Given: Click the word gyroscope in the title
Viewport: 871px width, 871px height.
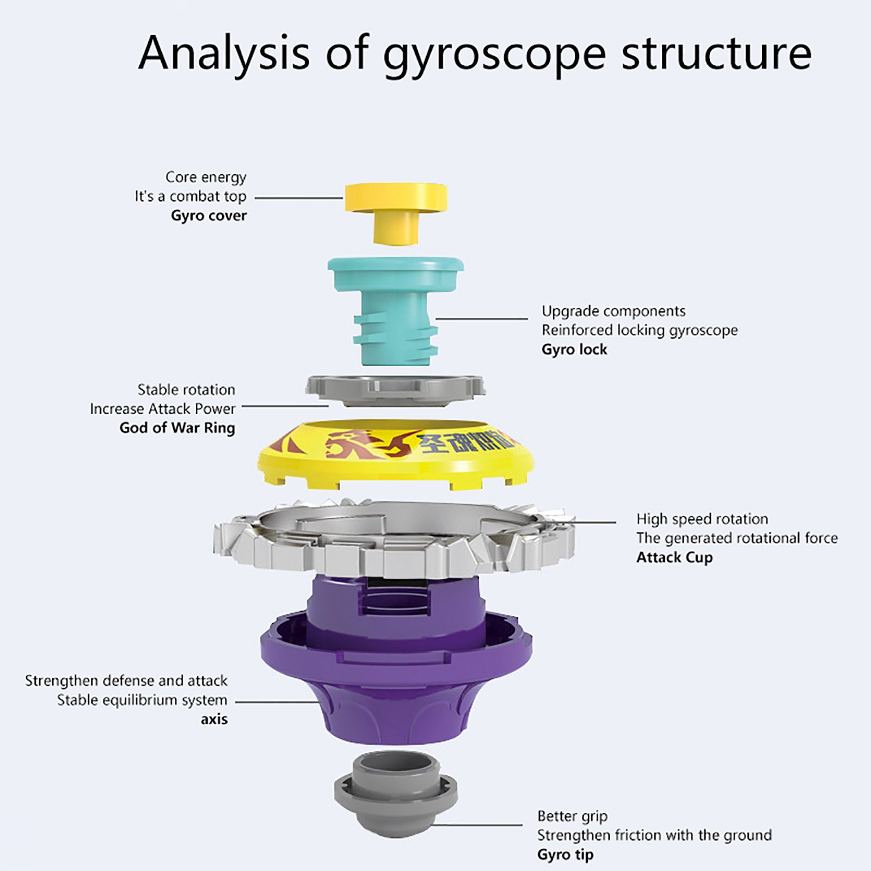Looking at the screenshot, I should (x=494, y=54).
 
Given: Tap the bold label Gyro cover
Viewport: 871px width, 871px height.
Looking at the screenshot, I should (x=208, y=216).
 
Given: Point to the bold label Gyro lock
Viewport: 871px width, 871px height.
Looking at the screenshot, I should (x=574, y=349).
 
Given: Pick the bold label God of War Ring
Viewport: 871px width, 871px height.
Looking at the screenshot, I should (x=177, y=428).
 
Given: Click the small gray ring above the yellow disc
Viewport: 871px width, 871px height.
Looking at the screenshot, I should (x=396, y=389).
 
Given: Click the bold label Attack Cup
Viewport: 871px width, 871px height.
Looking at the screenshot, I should (x=674, y=557).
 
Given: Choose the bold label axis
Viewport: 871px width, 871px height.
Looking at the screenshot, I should (x=214, y=719).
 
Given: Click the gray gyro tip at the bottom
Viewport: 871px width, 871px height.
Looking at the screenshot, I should (x=396, y=795).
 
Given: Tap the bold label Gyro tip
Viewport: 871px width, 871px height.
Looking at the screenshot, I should (x=565, y=855).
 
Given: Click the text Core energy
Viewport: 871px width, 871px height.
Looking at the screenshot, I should (x=206, y=177).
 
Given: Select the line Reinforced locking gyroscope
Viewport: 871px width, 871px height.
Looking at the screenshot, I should (x=639, y=330).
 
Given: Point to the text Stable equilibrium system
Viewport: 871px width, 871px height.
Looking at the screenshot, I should (x=142, y=700).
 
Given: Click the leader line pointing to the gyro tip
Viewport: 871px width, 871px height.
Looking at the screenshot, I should (x=479, y=825).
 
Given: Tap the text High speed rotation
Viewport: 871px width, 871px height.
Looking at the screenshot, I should (x=702, y=519).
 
